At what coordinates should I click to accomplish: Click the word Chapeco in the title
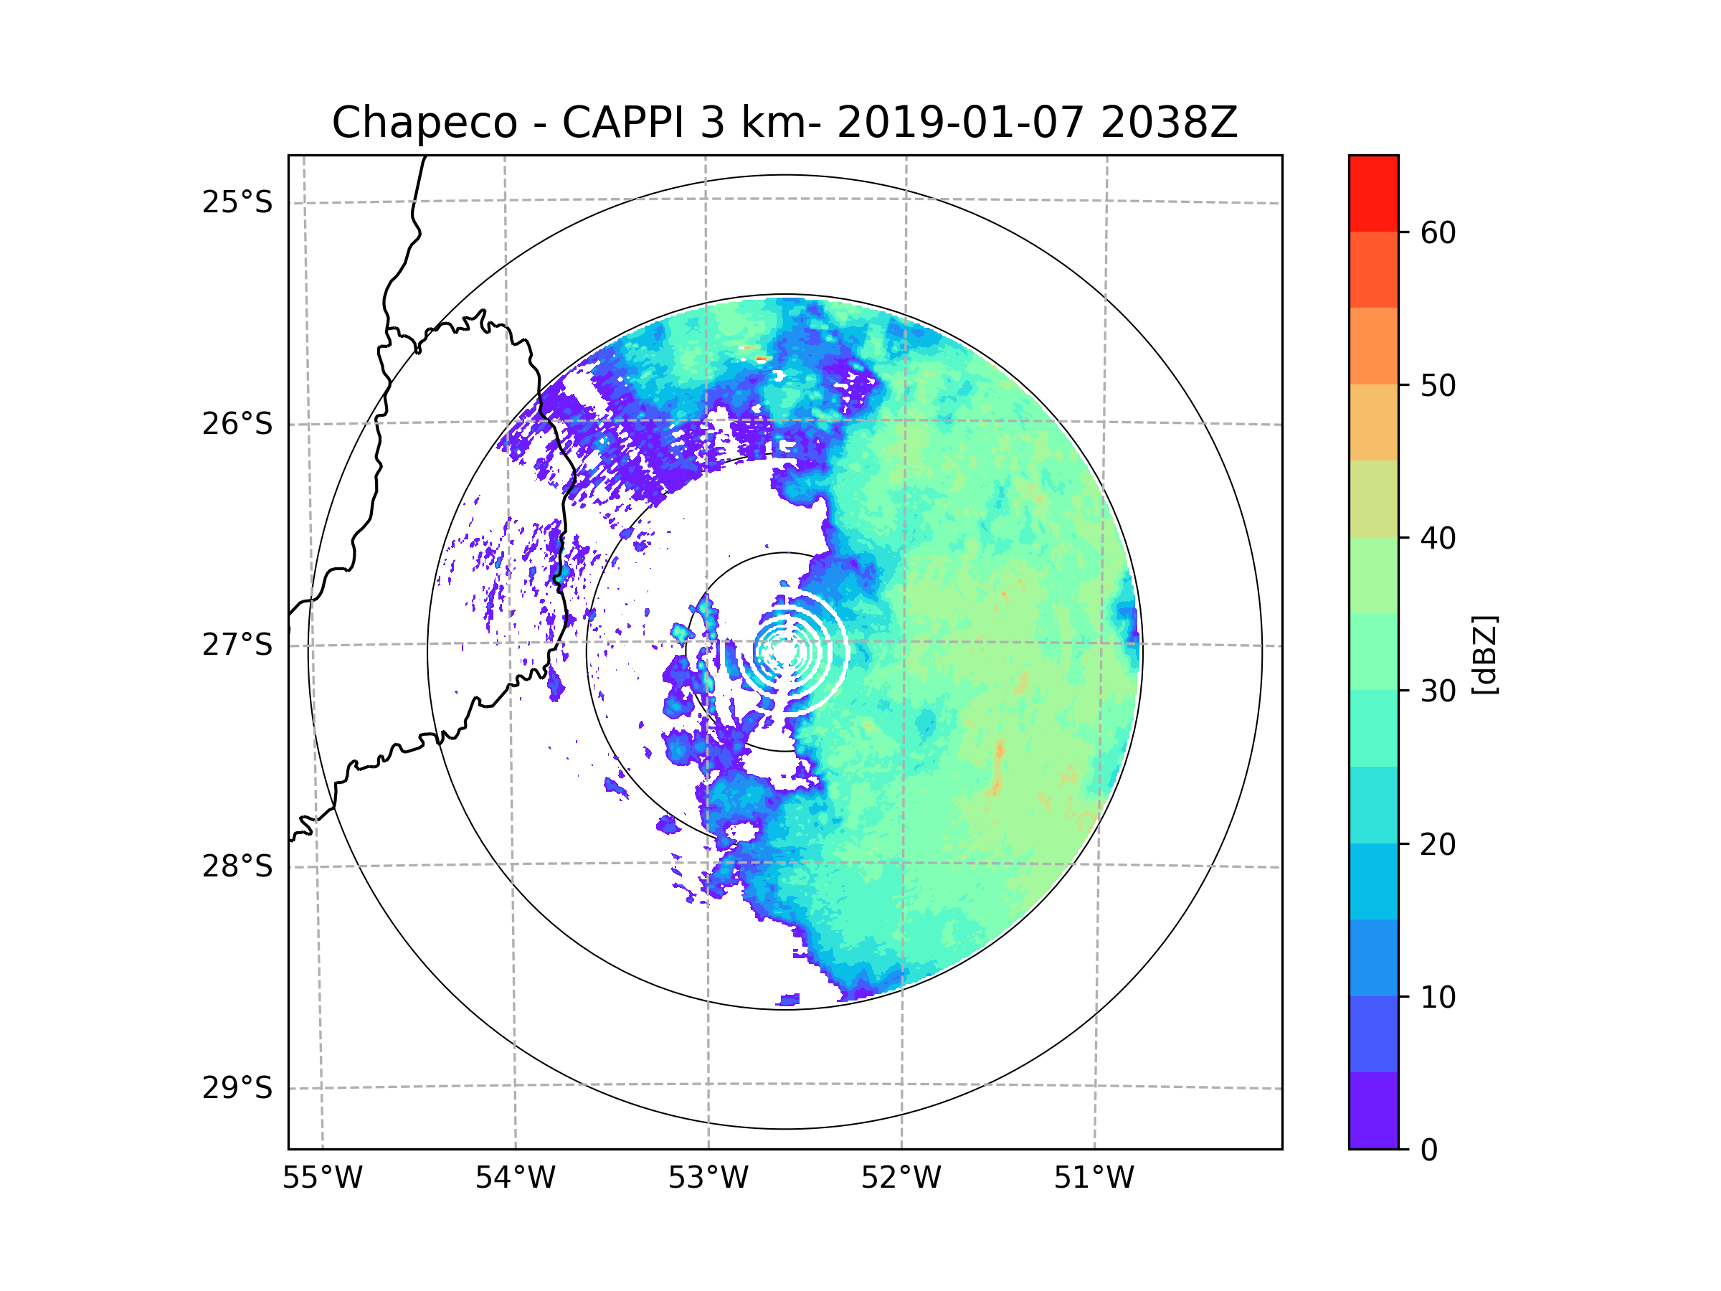pyautogui.click(x=424, y=123)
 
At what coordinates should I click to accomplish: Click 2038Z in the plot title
pyautogui.click(x=1169, y=123)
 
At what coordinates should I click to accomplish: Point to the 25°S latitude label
pyautogui.click(x=237, y=202)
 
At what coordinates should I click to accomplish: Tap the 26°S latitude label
pyautogui.click(x=237, y=424)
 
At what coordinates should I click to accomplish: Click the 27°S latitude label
pyautogui.click(x=237, y=645)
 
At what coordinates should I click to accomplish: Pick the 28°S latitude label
pyautogui.click(x=237, y=866)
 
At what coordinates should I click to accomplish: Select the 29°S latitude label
pyautogui.click(x=237, y=1088)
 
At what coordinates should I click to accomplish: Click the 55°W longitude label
pyautogui.click(x=322, y=1178)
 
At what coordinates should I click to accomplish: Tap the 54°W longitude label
pyautogui.click(x=515, y=1178)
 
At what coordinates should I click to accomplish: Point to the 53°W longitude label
pyautogui.click(x=708, y=1178)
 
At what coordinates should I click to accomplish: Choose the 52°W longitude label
pyautogui.click(x=901, y=1178)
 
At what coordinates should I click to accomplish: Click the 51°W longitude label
pyautogui.click(x=1094, y=1178)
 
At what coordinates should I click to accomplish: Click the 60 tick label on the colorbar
pyautogui.click(x=1438, y=232)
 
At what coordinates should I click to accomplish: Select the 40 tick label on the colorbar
pyautogui.click(x=1438, y=539)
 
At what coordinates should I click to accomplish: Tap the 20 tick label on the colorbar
pyautogui.click(x=1438, y=844)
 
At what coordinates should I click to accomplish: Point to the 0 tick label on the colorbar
pyautogui.click(x=1429, y=1150)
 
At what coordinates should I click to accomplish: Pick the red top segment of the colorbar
pyautogui.click(x=1373, y=193)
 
